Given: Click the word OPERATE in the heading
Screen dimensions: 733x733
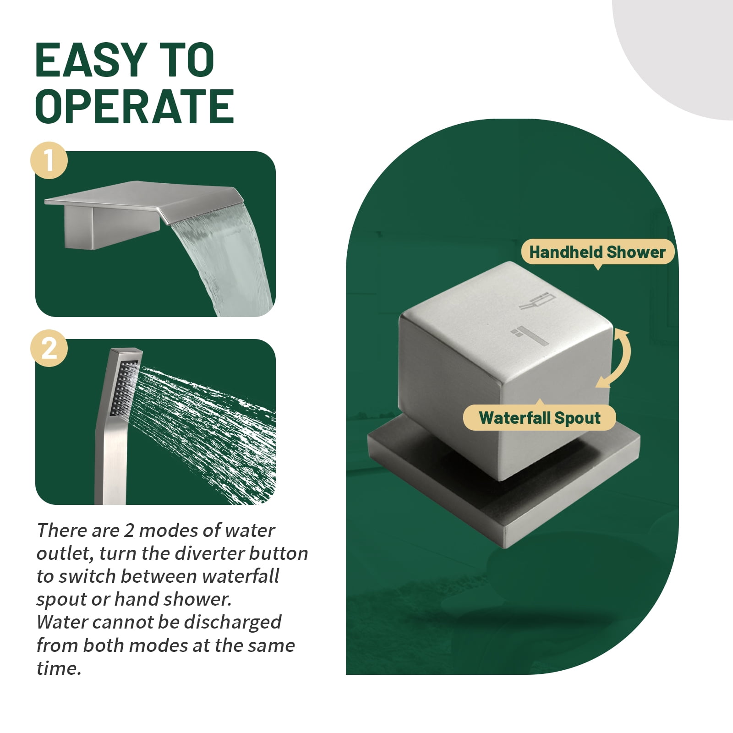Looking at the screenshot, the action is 135,106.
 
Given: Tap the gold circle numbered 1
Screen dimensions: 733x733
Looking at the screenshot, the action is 49,161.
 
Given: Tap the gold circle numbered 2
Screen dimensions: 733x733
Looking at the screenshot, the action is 49,349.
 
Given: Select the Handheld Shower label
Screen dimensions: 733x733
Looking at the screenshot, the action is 597,252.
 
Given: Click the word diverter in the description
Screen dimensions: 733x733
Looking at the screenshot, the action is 209,553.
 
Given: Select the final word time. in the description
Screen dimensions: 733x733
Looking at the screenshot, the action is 59,668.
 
